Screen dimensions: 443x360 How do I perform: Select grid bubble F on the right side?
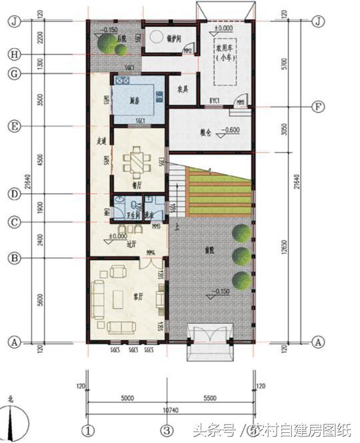coord(318,107)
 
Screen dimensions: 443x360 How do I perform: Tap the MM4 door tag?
coord(151,252)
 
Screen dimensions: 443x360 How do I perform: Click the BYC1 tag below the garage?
coord(215,100)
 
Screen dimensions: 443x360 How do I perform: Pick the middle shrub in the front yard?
coord(242,256)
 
